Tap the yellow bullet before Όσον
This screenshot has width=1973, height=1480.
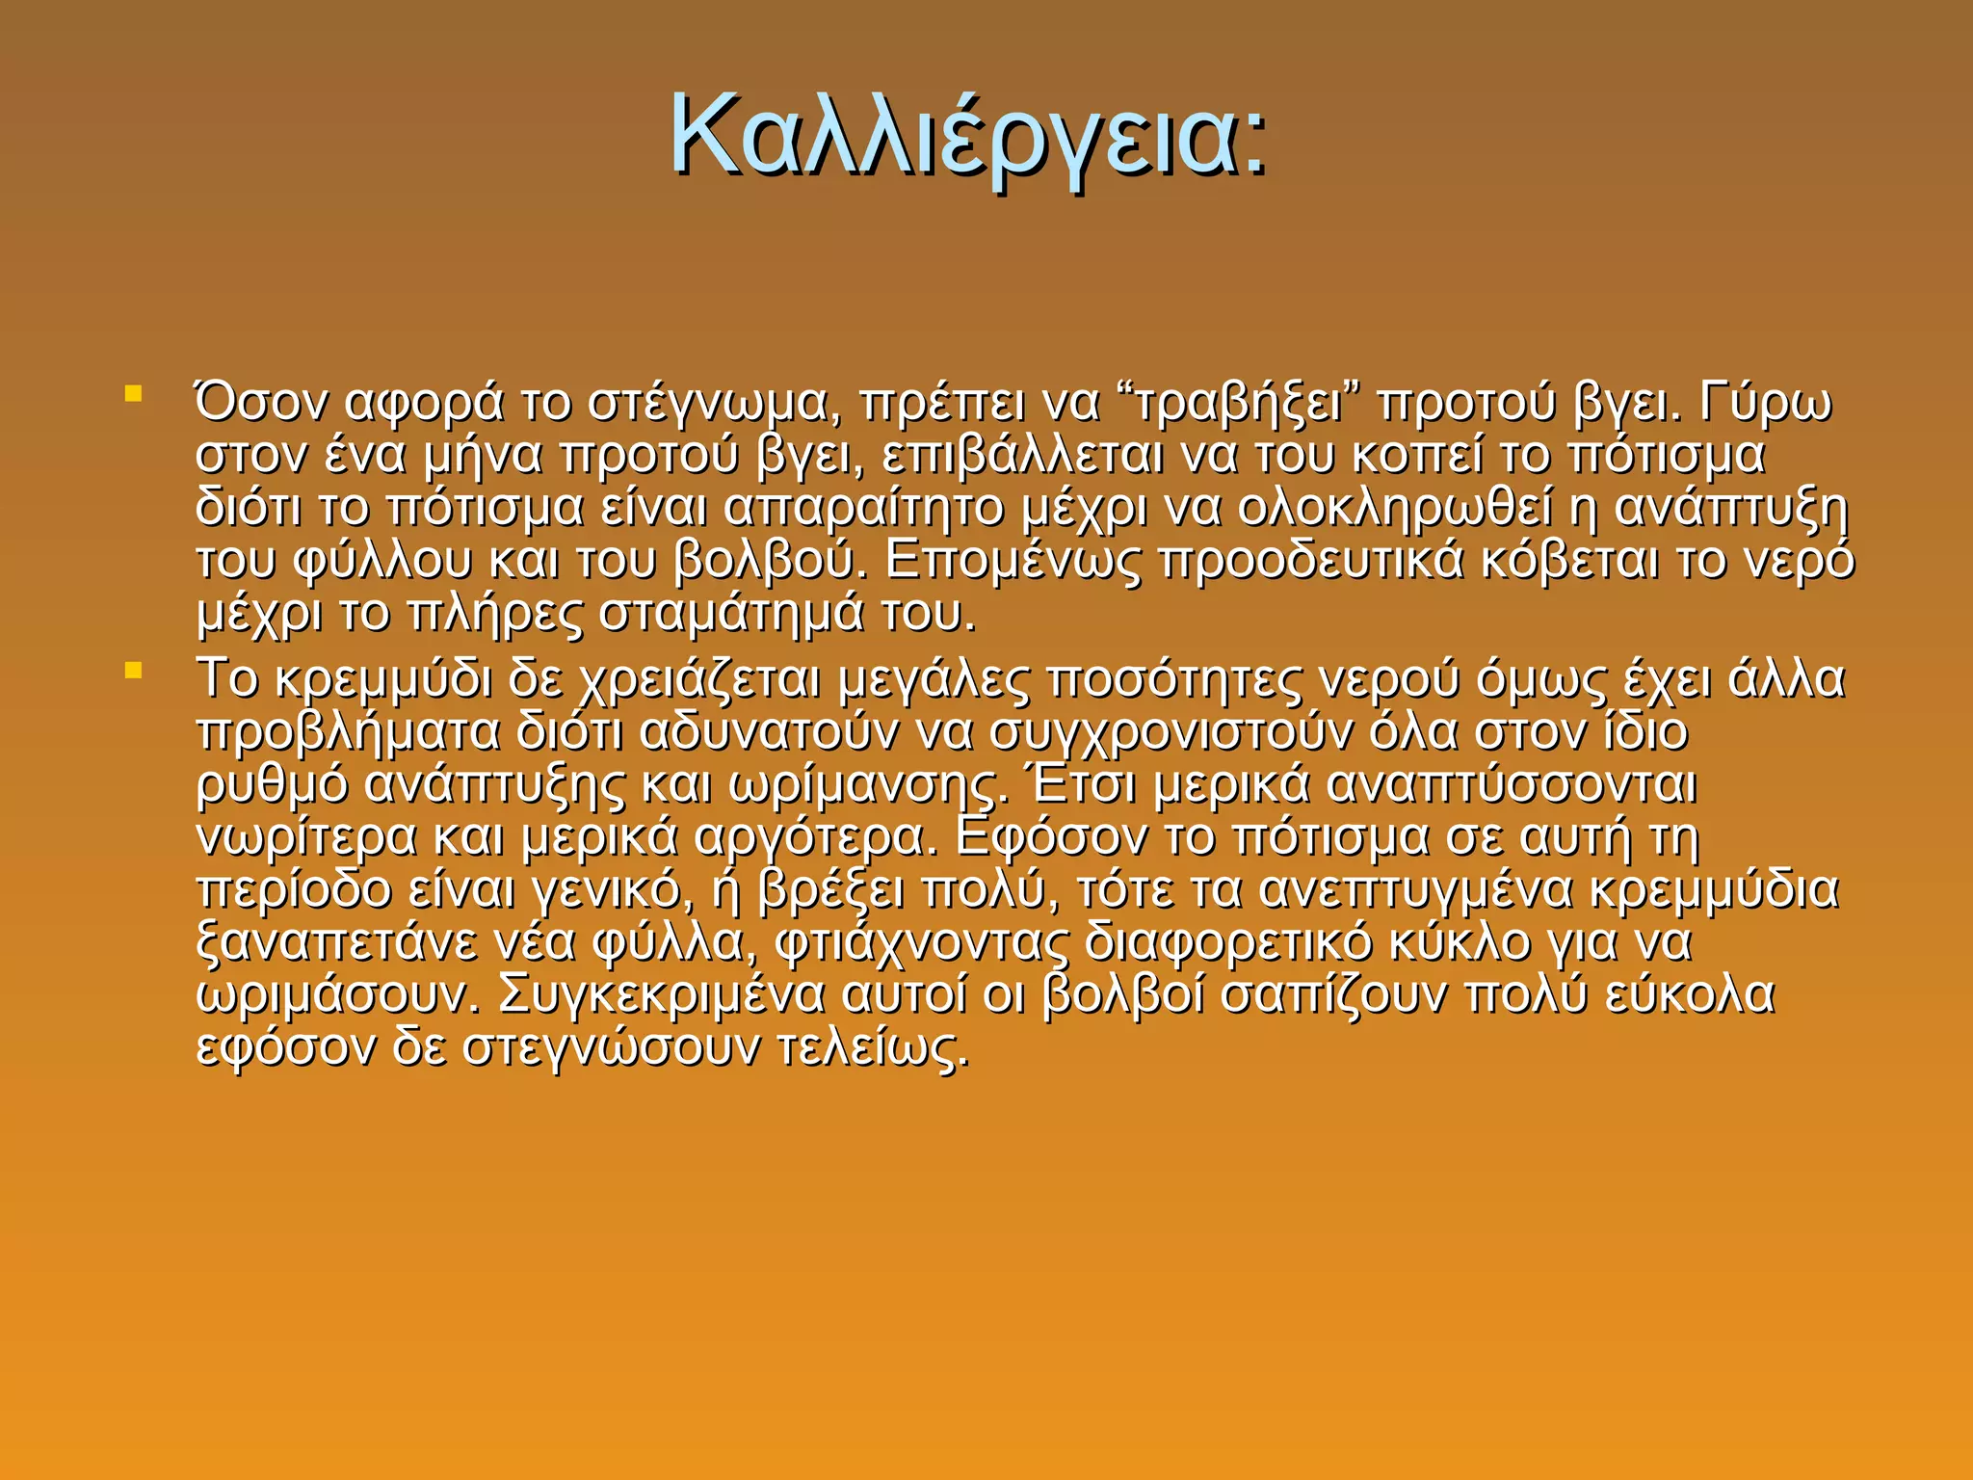click(134, 394)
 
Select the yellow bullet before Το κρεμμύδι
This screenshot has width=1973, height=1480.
click(134, 669)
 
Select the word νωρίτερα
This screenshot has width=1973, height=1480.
click(306, 837)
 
